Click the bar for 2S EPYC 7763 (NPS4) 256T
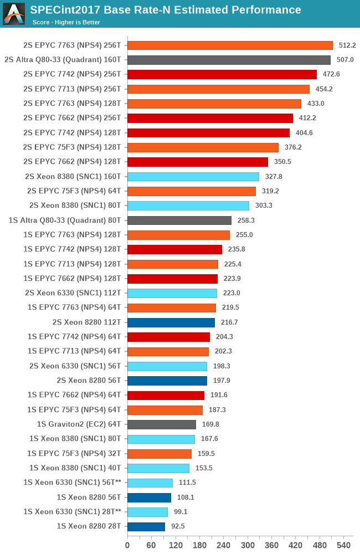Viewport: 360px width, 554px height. point(230,45)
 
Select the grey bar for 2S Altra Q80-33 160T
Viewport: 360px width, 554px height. point(229,60)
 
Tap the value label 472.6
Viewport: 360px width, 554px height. point(331,74)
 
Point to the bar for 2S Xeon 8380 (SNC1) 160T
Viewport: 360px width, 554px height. point(193,177)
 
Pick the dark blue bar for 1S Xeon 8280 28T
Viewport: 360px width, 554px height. point(146,526)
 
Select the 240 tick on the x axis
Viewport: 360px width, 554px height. point(223,545)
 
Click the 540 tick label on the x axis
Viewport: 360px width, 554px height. point(343,545)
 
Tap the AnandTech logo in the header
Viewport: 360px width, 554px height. point(14,14)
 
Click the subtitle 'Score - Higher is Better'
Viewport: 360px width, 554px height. point(66,22)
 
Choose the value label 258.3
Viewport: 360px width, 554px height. point(246,220)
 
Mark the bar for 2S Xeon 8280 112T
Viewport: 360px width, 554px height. point(171,322)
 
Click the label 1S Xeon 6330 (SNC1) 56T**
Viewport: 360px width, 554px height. point(73,483)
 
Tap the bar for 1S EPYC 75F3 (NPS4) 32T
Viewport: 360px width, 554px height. point(160,454)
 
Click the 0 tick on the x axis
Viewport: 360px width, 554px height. point(127,545)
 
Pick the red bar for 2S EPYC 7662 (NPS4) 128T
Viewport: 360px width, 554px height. point(198,162)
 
